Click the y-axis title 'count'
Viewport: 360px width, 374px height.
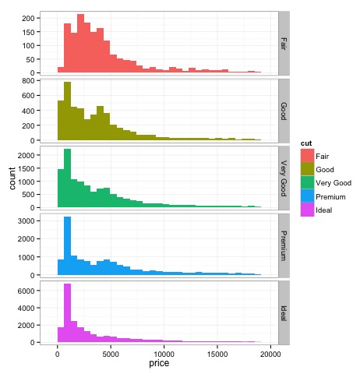(12, 179)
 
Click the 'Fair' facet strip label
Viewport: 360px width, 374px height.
(284, 43)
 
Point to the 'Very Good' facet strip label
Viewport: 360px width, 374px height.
(284, 178)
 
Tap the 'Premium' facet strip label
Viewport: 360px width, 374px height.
(284, 245)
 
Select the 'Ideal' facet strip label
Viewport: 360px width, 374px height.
(284, 313)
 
